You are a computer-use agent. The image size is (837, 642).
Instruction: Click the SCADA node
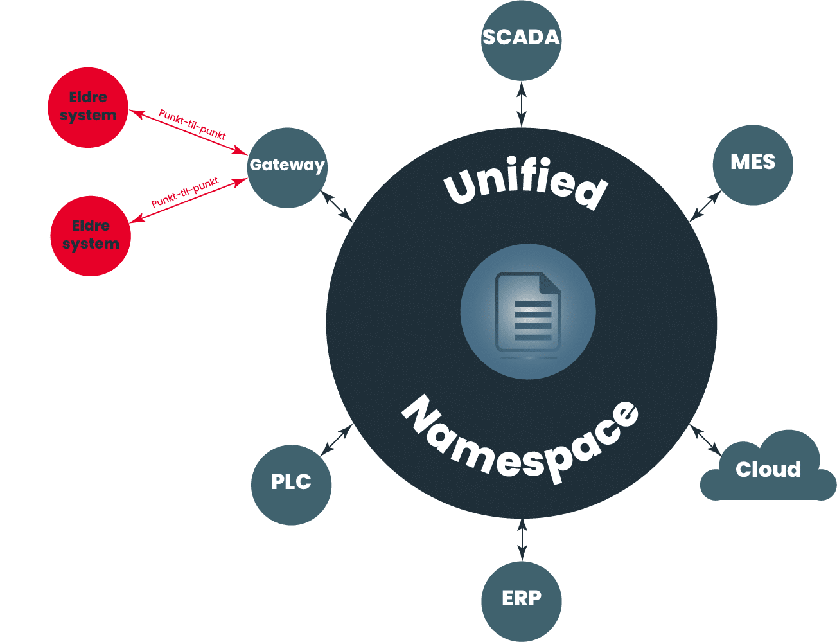(521, 40)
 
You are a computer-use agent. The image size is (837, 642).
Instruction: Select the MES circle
(753, 165)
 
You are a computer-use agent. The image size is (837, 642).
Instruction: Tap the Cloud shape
(768, 470)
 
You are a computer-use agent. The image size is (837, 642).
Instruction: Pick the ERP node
(522, 601)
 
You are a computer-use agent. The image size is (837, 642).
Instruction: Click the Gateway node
(287, 167)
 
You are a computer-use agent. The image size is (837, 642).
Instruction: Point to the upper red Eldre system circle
(88, 107)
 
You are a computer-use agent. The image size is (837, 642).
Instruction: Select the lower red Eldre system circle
(91, 235)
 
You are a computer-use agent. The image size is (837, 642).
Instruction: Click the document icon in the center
(527, 312)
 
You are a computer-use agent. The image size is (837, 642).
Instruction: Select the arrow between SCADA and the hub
(522, 103)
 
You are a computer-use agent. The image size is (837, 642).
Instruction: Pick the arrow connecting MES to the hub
(705, 206)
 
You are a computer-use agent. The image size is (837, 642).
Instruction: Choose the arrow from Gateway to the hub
(337, 206)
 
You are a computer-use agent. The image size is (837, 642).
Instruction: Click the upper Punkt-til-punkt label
(191, 125)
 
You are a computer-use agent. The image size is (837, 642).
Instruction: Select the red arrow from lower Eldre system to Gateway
(189, 201)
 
